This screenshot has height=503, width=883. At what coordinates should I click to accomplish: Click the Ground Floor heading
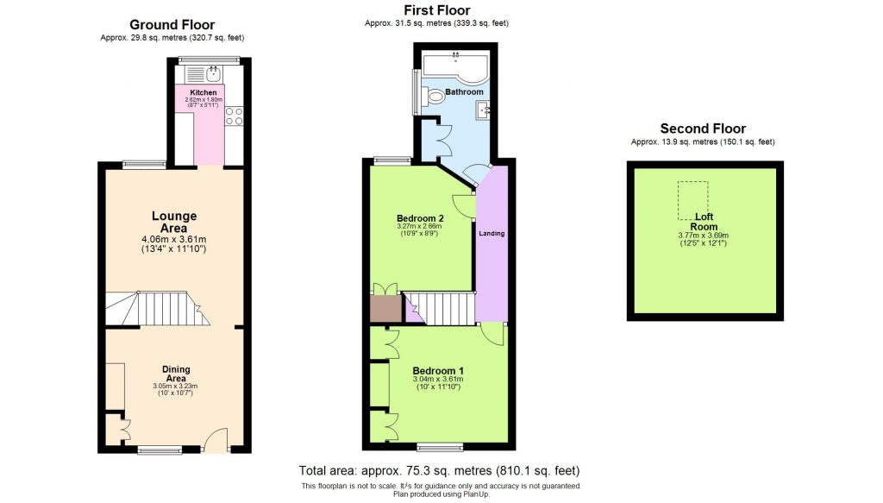point(172,25)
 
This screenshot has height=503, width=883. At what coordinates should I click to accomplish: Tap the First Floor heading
point(436,10)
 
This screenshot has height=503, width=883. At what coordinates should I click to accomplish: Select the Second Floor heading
point(703,129)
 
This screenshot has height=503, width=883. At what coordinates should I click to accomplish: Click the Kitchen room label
point(204,91)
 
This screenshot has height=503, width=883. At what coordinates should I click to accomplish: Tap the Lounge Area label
point(174,222)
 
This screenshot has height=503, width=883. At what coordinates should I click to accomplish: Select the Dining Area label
point(176,374)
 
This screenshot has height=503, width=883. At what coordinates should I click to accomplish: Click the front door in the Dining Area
point(216,440)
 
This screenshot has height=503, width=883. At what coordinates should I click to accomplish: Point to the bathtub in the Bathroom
point(454,68)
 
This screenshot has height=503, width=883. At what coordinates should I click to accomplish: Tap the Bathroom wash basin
point(484,109)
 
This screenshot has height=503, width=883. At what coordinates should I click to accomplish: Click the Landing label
point(492,234)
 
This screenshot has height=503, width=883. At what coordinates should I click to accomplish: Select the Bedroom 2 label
point(420,217)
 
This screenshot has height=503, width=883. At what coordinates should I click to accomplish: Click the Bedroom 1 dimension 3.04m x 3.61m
point(438,379)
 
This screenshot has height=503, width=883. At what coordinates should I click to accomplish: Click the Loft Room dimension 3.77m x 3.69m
point(703,235)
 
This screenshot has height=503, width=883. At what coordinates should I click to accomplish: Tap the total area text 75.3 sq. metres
point(439,471)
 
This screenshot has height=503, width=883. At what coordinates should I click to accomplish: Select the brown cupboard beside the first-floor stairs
point(385,309)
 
